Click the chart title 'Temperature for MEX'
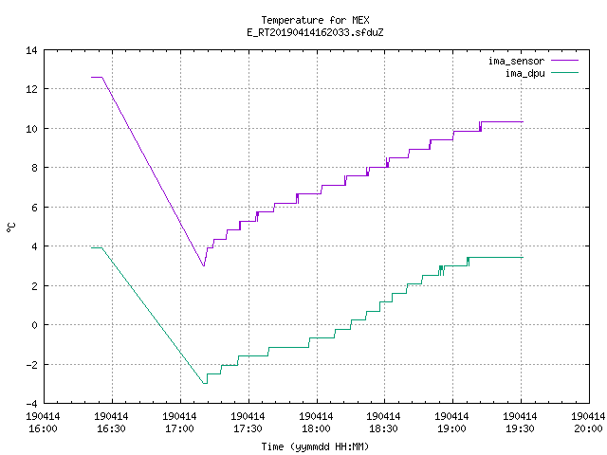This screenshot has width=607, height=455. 315,20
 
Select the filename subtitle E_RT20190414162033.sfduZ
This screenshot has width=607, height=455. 315,32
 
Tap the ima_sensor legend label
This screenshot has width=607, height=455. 516,61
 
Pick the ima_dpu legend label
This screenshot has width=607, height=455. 524,73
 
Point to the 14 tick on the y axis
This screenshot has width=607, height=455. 31,50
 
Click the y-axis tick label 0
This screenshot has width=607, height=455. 35,325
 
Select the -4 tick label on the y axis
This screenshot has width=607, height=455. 31,404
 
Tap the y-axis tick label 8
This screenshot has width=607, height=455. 35,168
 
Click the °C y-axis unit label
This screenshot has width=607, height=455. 10,227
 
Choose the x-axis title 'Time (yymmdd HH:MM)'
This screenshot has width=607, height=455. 315,446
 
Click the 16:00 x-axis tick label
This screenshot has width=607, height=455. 43,423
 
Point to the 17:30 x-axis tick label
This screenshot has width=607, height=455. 248,423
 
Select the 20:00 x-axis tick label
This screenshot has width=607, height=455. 588,423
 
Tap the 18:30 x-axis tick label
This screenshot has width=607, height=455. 383,423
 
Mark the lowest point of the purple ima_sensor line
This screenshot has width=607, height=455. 204,265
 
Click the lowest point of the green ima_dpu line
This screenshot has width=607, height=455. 205,383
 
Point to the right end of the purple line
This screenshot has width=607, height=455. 523,122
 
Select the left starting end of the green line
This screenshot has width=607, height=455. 91,248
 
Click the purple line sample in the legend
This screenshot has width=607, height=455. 565,61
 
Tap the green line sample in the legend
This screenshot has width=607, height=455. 565,72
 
